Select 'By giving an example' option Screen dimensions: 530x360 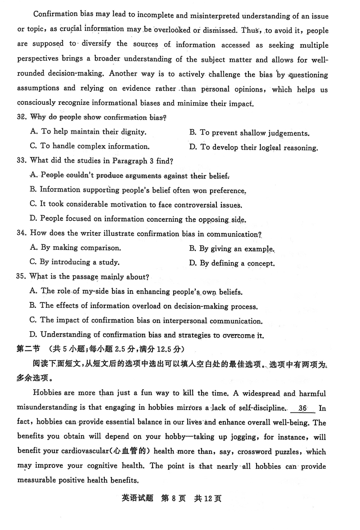tap(232, 248)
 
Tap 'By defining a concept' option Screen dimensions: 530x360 tap(232, 263)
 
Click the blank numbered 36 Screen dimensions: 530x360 tap(302, 408)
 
